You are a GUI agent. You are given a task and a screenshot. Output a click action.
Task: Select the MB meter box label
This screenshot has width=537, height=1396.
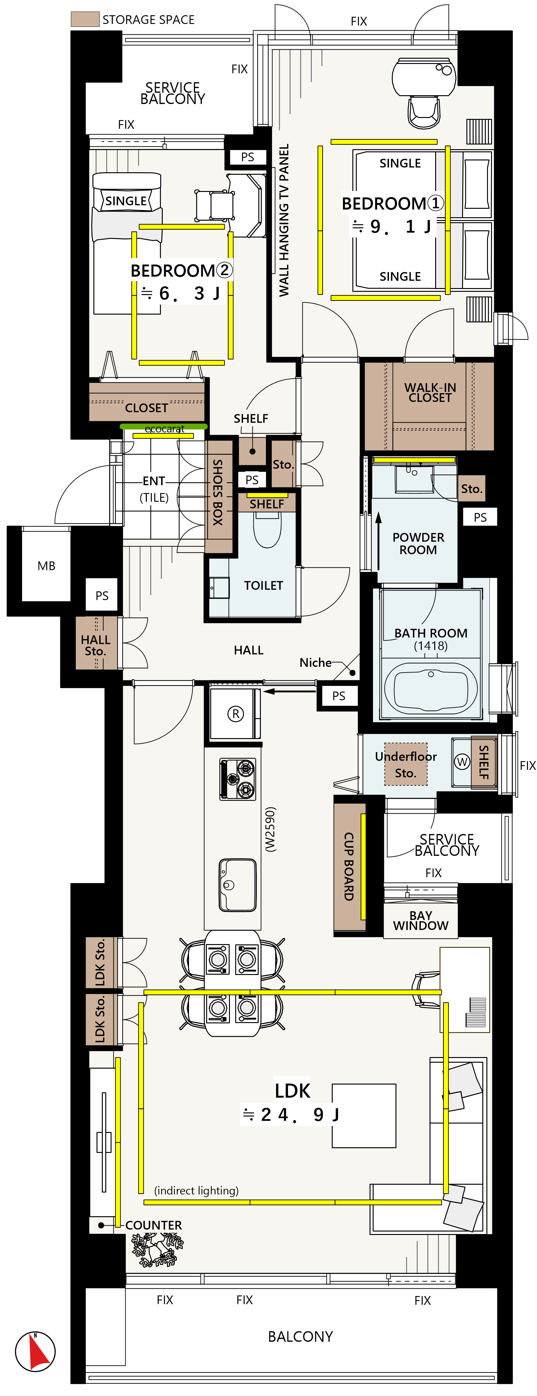pos(46,566)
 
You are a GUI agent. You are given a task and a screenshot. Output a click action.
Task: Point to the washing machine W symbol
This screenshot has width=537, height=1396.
pos(462,762)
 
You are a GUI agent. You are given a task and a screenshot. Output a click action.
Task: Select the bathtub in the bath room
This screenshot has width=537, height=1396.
pos(431,688)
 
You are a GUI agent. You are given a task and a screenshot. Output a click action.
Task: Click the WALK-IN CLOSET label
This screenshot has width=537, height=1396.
pos(430,392)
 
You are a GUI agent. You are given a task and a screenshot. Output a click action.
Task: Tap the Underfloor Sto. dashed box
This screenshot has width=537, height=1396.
pos(406,764)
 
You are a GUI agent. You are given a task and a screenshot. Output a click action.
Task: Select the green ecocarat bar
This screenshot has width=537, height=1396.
pos(163,427)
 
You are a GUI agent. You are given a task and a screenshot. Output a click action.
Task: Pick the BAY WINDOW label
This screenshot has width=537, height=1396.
pos(420,920)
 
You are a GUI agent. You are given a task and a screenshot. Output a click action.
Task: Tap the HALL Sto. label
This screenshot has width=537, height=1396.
pos(96,645)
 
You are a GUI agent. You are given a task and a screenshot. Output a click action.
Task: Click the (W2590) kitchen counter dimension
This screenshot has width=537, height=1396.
pos(270,830)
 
